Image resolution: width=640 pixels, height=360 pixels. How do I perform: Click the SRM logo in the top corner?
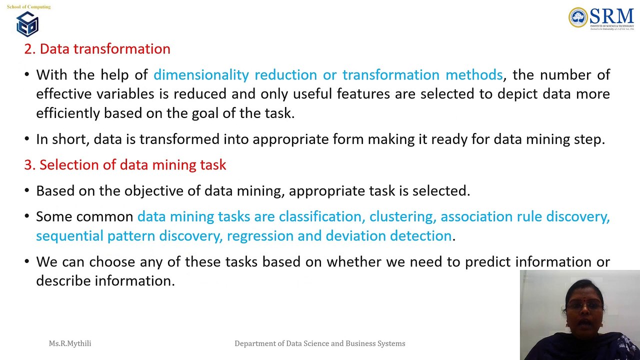point(601,18)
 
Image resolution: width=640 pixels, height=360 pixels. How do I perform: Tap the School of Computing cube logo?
point(27,24)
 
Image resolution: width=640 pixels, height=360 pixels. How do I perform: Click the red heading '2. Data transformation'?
point(97,49)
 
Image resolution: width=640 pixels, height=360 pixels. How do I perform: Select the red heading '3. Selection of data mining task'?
point(125,165)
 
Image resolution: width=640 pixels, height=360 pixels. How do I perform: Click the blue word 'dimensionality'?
point(201,75)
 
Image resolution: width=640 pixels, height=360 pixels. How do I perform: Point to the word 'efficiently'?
point(67,113)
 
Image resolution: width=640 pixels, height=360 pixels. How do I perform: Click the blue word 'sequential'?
point(69,236)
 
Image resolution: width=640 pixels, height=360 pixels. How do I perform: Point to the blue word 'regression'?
point(260,236)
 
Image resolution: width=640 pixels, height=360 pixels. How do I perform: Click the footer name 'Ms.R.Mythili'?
point(70,343)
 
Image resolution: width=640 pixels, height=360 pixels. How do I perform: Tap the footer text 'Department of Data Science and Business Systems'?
point(320,343)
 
